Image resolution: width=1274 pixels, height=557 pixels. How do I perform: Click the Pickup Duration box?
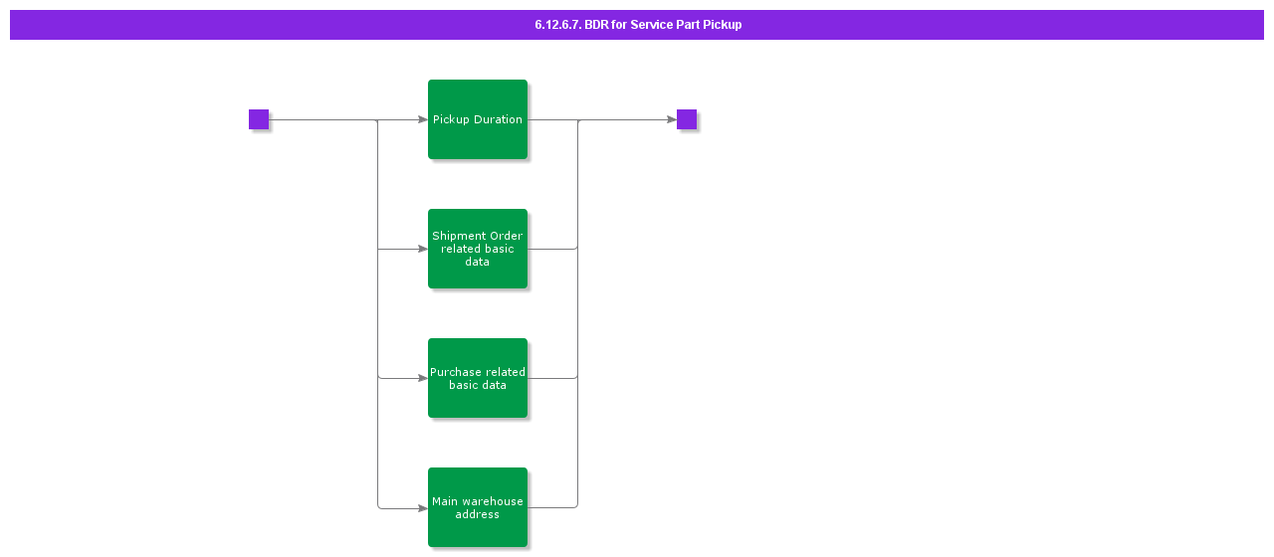click(478, 119)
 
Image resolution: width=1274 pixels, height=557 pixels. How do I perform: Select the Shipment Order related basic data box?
click(478, 249)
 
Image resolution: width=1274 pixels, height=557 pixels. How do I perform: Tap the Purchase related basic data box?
click(478, 378)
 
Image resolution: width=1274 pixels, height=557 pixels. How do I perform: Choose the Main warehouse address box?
click(478, 507)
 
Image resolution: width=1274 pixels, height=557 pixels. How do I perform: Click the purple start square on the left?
click(259, 119)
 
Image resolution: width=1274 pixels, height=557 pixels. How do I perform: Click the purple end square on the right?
click(687, 119)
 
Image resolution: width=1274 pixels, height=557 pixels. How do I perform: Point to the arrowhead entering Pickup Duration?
click(422, 119)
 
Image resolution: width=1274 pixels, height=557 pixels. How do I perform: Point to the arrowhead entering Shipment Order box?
click(422, 249)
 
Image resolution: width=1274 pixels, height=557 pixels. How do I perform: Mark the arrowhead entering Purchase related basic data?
click(422, 378)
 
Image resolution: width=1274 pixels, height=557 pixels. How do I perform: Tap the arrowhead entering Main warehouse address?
click(422, 507)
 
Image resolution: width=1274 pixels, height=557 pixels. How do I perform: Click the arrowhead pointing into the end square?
click(671, 119)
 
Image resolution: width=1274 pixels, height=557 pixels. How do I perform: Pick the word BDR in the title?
click(596, 25)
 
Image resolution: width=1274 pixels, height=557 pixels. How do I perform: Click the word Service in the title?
click(651, 25)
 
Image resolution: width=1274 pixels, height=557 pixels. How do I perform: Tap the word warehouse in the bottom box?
click(491, 501)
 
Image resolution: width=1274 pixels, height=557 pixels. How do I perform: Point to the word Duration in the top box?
click(498, 119)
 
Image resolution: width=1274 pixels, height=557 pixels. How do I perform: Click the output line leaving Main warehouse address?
click(552, 507)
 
